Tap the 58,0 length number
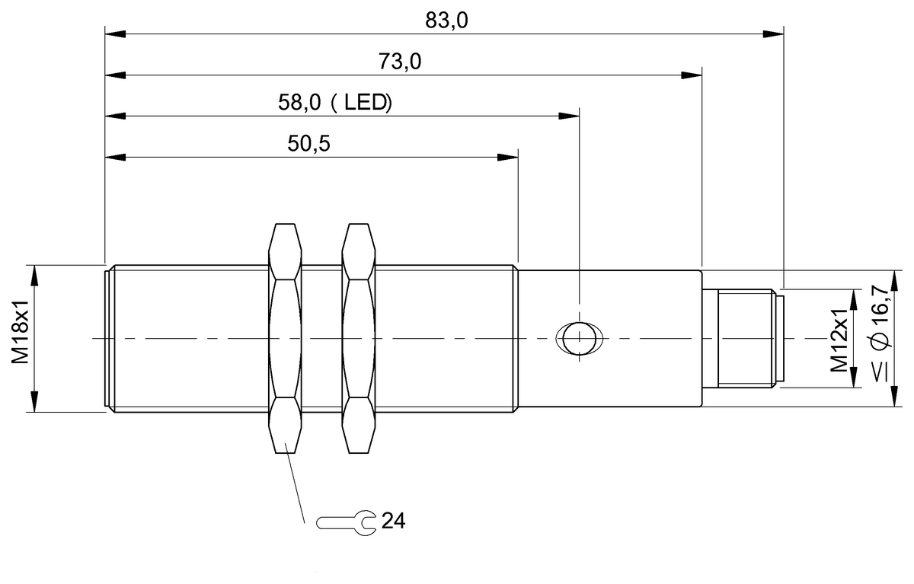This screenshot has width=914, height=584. tap(299, 103)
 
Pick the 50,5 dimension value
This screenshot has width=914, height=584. tap(309, 144)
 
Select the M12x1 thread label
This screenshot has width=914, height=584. tap(839, 339)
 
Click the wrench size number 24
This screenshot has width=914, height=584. tap(393, 522)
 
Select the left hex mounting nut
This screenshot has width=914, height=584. tap(285, 338)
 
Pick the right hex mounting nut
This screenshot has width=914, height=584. tap(360, 338)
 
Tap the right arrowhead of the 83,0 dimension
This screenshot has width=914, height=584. tap(774, 34)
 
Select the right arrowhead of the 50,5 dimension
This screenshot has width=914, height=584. tap(507, 158)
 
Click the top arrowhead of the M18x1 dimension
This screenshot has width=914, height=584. tap(33, 274)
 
